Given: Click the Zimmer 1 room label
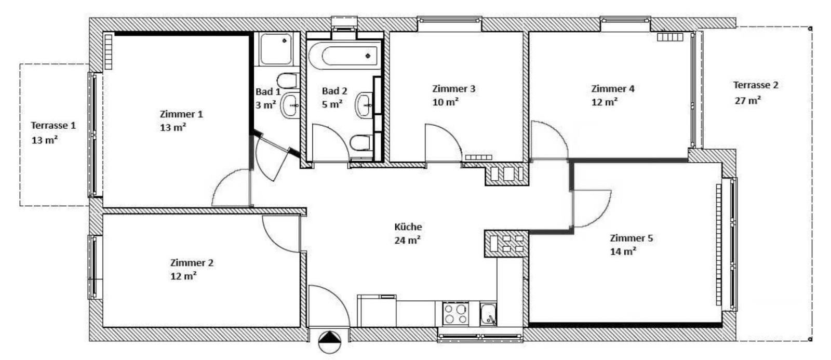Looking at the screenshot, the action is (x=181, y=114).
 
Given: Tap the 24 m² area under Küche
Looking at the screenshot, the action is (x=407, y=240).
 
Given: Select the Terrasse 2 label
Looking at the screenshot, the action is (x=756, y=85).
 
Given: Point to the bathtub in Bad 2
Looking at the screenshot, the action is (x=345, y=56).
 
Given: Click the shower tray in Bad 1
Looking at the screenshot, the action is (x=276, y=49).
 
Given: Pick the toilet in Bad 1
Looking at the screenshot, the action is (x=288, y=81).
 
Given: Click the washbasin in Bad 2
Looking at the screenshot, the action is (x=364, y=105).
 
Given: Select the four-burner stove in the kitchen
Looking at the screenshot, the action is (x=455, y=314).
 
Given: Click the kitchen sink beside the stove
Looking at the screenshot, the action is (x=488, y=314).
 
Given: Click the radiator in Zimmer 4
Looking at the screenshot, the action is (x=670, y=37).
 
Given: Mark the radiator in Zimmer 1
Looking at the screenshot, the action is (x=109, y=51).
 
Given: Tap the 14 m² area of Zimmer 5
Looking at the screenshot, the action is (x=623, y=251).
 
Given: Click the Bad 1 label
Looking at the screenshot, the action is (x=268, y=91).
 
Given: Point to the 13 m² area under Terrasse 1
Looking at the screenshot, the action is (x=45, y=140).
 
